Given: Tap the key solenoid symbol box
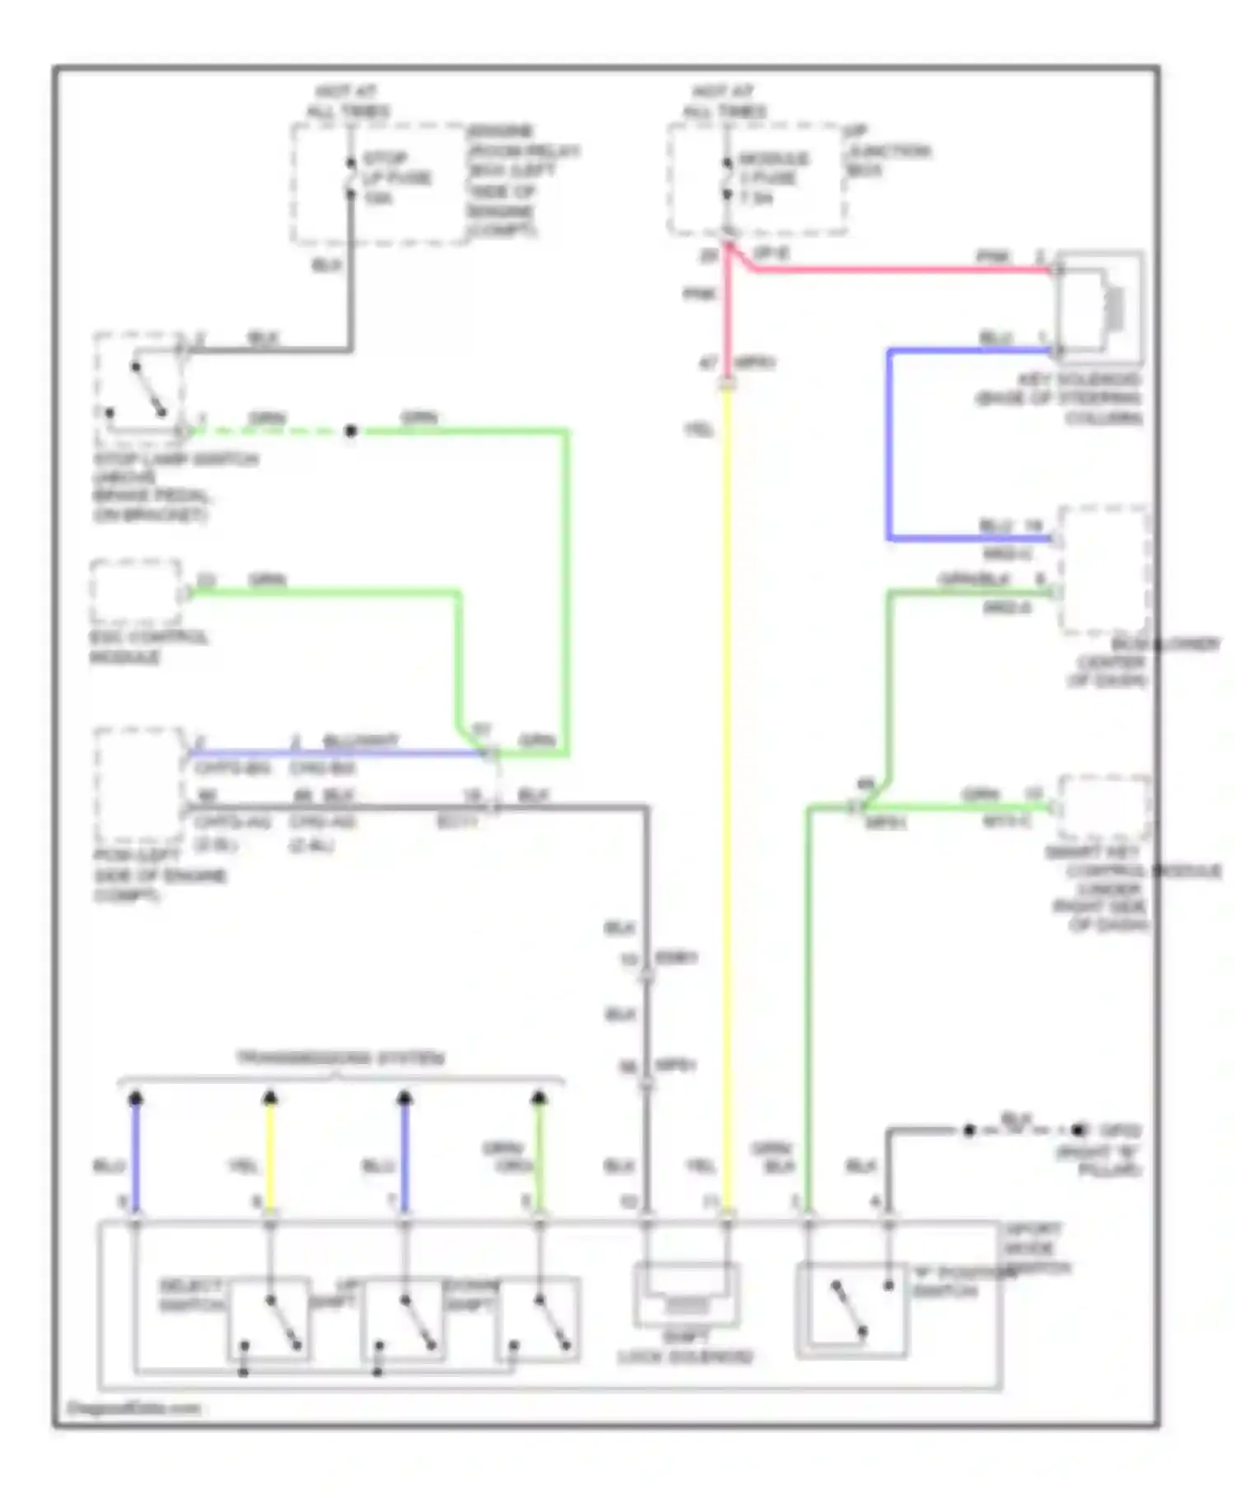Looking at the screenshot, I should point(1100,307).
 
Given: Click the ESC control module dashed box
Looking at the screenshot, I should point(137,592).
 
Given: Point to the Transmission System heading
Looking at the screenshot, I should point(341,1058).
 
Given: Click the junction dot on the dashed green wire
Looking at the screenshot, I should point(351,431).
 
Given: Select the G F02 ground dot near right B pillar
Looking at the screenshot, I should point(1079,1131).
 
